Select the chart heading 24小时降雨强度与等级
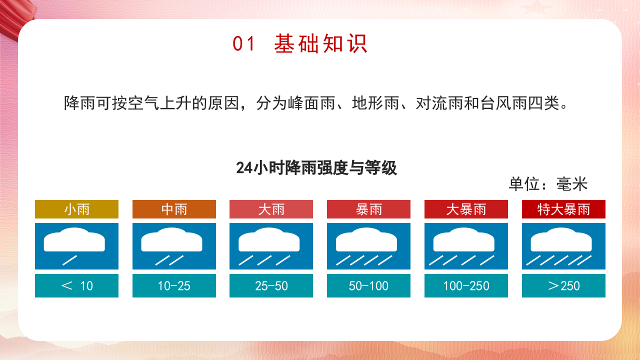click(x=316, y=167)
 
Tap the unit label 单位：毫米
click(x=548, y=184)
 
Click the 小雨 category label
click(x=76, y=209)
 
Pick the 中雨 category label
click(x=174, y=209)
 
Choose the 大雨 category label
click(x=271, y=209)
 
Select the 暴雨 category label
click(x=368, y=209)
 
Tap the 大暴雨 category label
click(x=466, y=209)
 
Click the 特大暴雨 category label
click(x=563, y=209)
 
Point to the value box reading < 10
click(x=76, y=285)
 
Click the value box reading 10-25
click(x=174, y=285)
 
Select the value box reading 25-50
click(x=271, y=285)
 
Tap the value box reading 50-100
click(x=368, y=285)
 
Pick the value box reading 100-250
click(x=466, y=285)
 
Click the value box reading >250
click(x=563, y=285)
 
